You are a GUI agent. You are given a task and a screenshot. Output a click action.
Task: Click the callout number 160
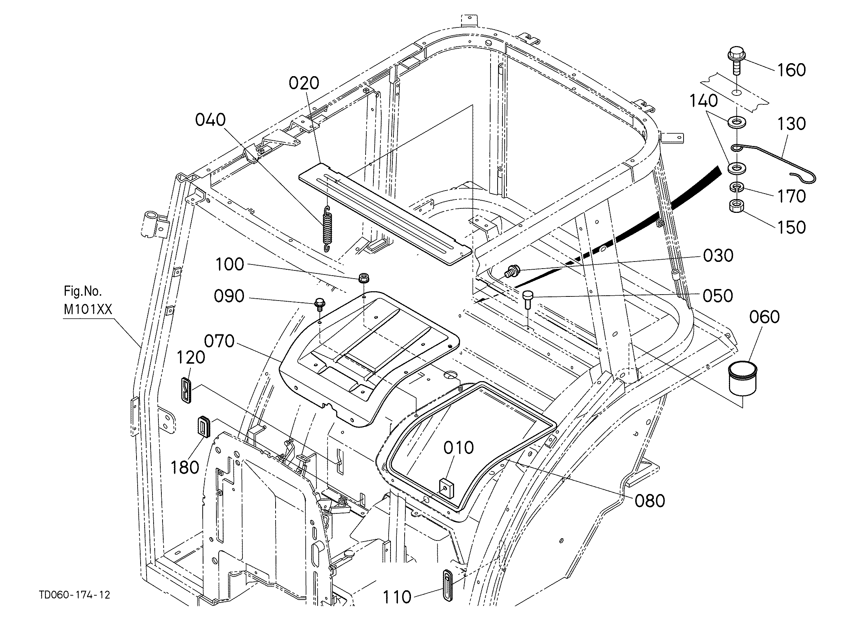click(x=791, y=71)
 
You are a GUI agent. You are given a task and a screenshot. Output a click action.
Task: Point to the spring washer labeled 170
click(x=736, y=186)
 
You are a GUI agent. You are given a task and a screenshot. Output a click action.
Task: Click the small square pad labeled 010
click(x=447, y=488)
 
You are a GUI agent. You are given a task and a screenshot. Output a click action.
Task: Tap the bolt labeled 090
click(x=319, y=303)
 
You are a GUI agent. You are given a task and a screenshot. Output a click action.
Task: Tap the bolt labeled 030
click(x=512, y=270)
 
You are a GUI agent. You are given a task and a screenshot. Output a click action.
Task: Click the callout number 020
click(x=304, y=83)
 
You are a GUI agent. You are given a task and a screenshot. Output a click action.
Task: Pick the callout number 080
click(x=650, y=501)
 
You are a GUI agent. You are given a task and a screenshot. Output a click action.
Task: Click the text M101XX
click(x=88, y=309)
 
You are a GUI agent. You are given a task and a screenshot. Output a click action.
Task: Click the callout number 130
click(x=791, y=124)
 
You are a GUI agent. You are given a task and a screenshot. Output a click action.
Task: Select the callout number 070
click(x=219, y=342)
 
